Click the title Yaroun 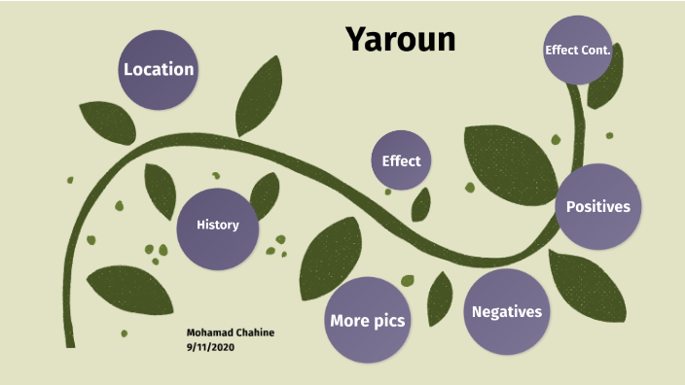[x=400, y=40]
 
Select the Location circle [x=159, y=69]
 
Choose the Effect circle [x=401, y=160]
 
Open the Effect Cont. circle [x=577, y=49]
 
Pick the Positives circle [x=598, y=207]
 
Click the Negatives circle [x=506, y=312]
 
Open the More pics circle [x=367, y=319]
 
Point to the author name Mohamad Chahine [x=231, y=332]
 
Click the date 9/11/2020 [x=212, y=346]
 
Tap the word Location [x=159, y=70]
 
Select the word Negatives [x=506, y=312]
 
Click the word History [x=217, y=226]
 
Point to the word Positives [x=598, y=206]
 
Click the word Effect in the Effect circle [x=401, y=160]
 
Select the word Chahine [x=254, y=332]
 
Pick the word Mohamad [x=208, y=332]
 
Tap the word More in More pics [x=349, y=320]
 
